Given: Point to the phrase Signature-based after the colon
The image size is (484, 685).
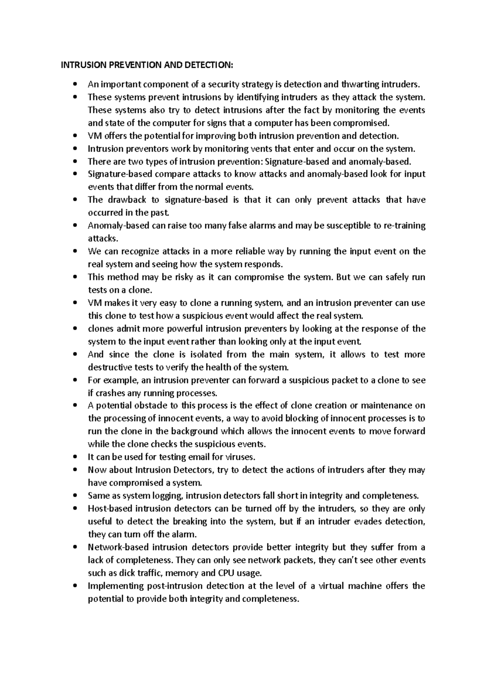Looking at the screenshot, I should point(296,162).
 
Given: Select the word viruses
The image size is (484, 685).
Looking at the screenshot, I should point(241,457).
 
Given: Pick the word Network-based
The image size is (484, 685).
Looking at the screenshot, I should point(117,547).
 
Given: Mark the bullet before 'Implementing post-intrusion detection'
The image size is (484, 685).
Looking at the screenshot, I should point(75,586).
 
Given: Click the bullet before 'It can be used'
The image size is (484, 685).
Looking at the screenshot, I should point(75,457).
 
